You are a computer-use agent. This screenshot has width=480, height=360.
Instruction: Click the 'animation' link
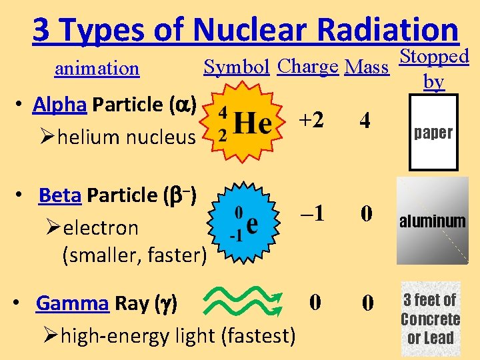click(x=97, y=69)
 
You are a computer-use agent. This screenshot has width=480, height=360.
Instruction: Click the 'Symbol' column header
click(x=237, y=67)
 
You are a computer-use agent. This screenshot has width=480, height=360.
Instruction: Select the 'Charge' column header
click(x=308, y=67)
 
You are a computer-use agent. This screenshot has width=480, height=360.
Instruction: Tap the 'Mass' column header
click(x=367, y=67)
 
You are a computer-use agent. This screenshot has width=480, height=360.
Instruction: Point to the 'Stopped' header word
click(x=434, y=57)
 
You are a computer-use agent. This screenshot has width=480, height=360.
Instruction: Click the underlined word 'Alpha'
click(x=60, y=105)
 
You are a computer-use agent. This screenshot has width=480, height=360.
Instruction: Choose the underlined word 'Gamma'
click(x=73, y=303)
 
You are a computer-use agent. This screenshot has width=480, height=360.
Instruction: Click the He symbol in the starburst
click(x=253, y=123)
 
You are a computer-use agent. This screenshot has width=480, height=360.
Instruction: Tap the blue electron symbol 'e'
click(x=252, y=224)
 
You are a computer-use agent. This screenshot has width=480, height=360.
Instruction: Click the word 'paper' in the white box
click(x=433, y=133)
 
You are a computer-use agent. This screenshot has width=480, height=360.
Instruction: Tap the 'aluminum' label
click(x=433, y=221)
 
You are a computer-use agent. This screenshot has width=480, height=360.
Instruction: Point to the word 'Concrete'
click(x=431, y=319)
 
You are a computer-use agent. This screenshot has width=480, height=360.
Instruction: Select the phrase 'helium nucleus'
click(x=127, y=138)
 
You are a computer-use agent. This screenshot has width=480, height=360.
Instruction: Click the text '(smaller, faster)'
click(x=134, y=255)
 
